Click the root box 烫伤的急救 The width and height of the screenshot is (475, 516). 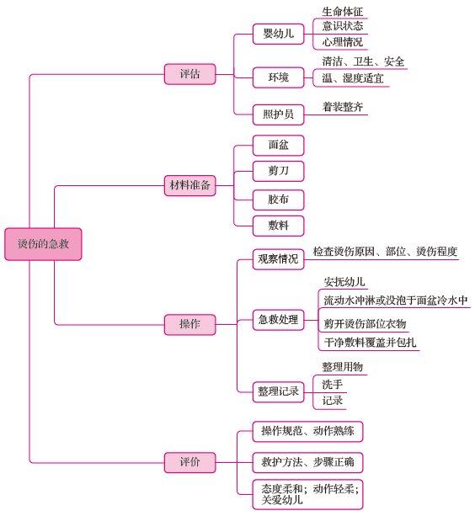(x=43, y=244)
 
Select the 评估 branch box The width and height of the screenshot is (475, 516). (x=190, y=74)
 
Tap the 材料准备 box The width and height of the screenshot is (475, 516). (x=190, y=185)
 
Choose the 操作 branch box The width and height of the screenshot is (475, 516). (x=190, y=324)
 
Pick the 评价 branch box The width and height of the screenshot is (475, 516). (x=190, y=462)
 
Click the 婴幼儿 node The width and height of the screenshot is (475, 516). (x=278, y=34)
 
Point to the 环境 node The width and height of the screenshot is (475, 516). (x=278, y=77)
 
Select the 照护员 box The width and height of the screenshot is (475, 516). (x=278, y=114)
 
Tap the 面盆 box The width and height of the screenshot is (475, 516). (x=278, y=146)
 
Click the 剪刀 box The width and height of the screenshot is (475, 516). (x=278, y=171)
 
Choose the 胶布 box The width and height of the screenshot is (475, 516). (x=278, y=199)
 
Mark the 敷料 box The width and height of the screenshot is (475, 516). (x=278, y=226)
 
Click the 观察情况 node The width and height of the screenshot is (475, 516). (x=278, y=259)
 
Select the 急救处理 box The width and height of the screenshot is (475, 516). (x=278, y=320)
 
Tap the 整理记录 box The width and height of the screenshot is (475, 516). (x=278, y=392)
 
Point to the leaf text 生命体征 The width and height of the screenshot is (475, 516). (x=342, y=12)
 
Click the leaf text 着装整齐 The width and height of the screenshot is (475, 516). (x=342, y=107)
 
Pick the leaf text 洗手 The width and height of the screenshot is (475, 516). (x=332, y=385)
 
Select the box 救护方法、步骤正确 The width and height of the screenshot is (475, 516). (x=307, y=462)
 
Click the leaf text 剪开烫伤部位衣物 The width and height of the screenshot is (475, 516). (x=365, y=324)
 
